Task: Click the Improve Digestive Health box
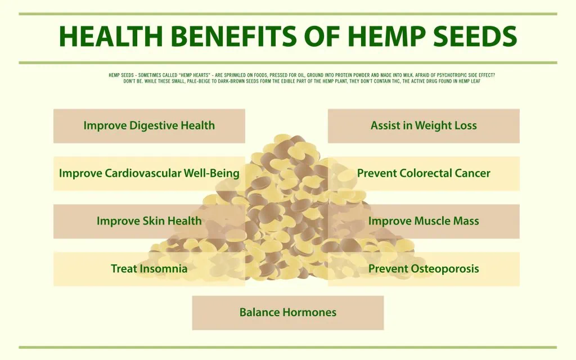(149, 125)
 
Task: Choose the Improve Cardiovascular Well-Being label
(149, 173)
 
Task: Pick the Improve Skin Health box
(149, 221)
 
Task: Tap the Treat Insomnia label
(149, 269)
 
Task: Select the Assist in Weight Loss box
(424, 125)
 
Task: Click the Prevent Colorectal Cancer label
(424, 173)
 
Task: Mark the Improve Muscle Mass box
(424, 221)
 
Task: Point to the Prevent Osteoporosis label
(424, 269)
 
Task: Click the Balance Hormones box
(288, 313)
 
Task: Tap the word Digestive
(153, 126)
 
